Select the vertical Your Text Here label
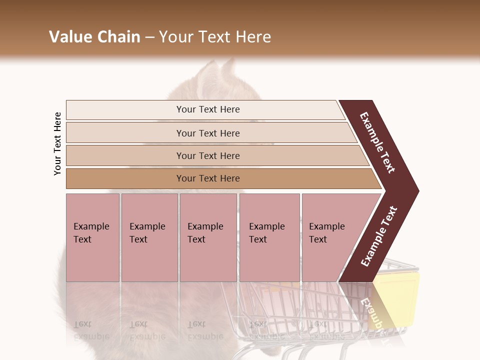(x=57, y=143)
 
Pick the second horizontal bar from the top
(x=208, y=133)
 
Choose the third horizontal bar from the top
(x=208, y=156)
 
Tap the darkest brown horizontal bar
(x=208, y=178)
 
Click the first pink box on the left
(x=92, y=237)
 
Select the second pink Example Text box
(x=149, y=237)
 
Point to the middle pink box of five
(x=208, y=237)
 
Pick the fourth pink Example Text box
(x=269, y=237)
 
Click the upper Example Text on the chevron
(x=377, y=142)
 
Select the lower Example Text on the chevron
(x=379, y=236)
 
